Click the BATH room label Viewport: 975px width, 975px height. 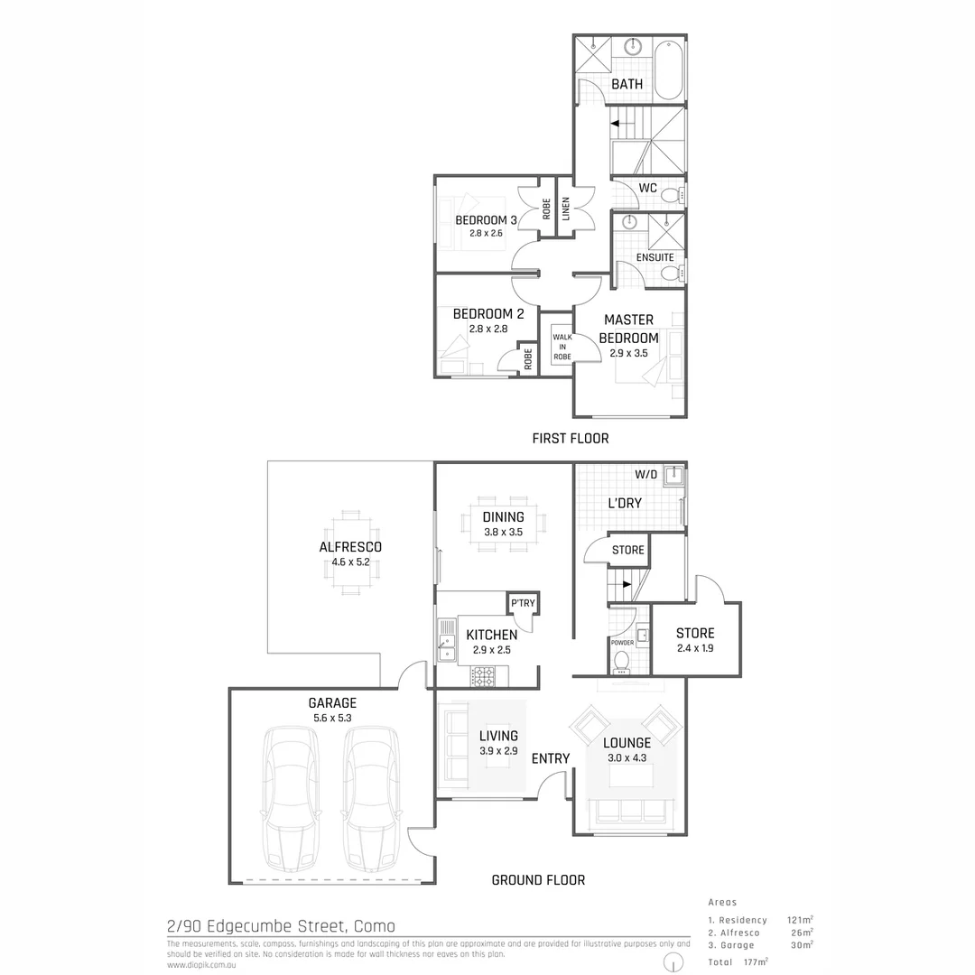pyautogui.click(x=627, y=84)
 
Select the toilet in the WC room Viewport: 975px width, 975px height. pyautogui.click(x=671, y=195)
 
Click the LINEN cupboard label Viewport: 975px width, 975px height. pyautogui.click(x=565, y=209)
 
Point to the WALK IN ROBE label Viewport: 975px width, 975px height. pyautogui.click(x=562, y=347)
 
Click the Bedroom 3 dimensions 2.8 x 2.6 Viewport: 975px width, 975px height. pyautogui.click(x=486, y=234)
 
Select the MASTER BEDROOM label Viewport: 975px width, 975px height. pyautogui.click(x=628, y=329)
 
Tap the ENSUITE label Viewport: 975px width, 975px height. pyautogui.click(x=655, y=257)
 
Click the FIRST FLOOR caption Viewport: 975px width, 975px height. pyautogui.click(x=570, y=439)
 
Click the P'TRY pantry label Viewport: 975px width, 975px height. pyautogui.click(x=522, y=604)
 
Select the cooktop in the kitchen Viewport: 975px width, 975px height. pyautogui.click(x=483, y=676)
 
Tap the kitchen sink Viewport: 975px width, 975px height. pyautogui.click(x=447, y=636)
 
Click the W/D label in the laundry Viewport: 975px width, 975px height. pyautogui.click(x=645, y=474)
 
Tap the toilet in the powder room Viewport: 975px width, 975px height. pyautogui.click(x=622, y=663)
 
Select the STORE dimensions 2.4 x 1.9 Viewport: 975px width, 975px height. pyautogui.click(x=694, y=648)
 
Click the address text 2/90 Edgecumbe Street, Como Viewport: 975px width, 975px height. pyautogui.click(x=281, y=926)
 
